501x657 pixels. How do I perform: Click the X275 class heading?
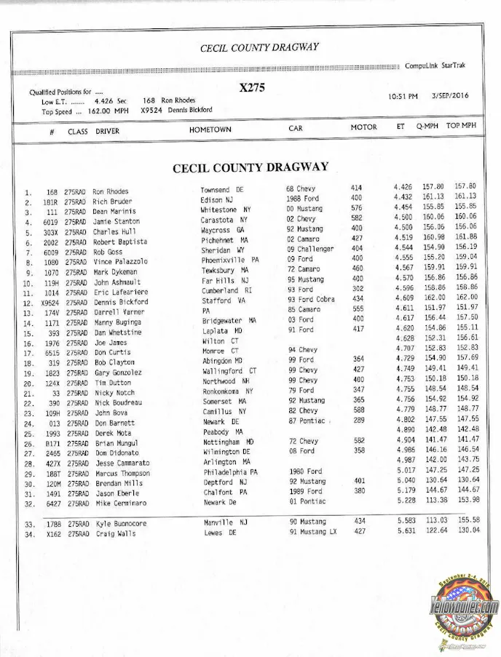pos(252,88)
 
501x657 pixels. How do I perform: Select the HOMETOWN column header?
pos(210,129)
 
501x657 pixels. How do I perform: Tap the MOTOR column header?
pos(363,127)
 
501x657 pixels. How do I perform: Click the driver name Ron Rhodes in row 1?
pos(111,192)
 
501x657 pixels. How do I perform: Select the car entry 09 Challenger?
pos(310,249)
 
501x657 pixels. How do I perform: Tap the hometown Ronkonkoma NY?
pos(227,391)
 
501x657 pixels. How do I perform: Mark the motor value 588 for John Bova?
pos(358,410)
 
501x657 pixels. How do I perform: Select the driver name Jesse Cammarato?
pos(122,463)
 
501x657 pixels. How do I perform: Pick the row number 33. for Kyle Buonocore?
pos(30,524)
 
